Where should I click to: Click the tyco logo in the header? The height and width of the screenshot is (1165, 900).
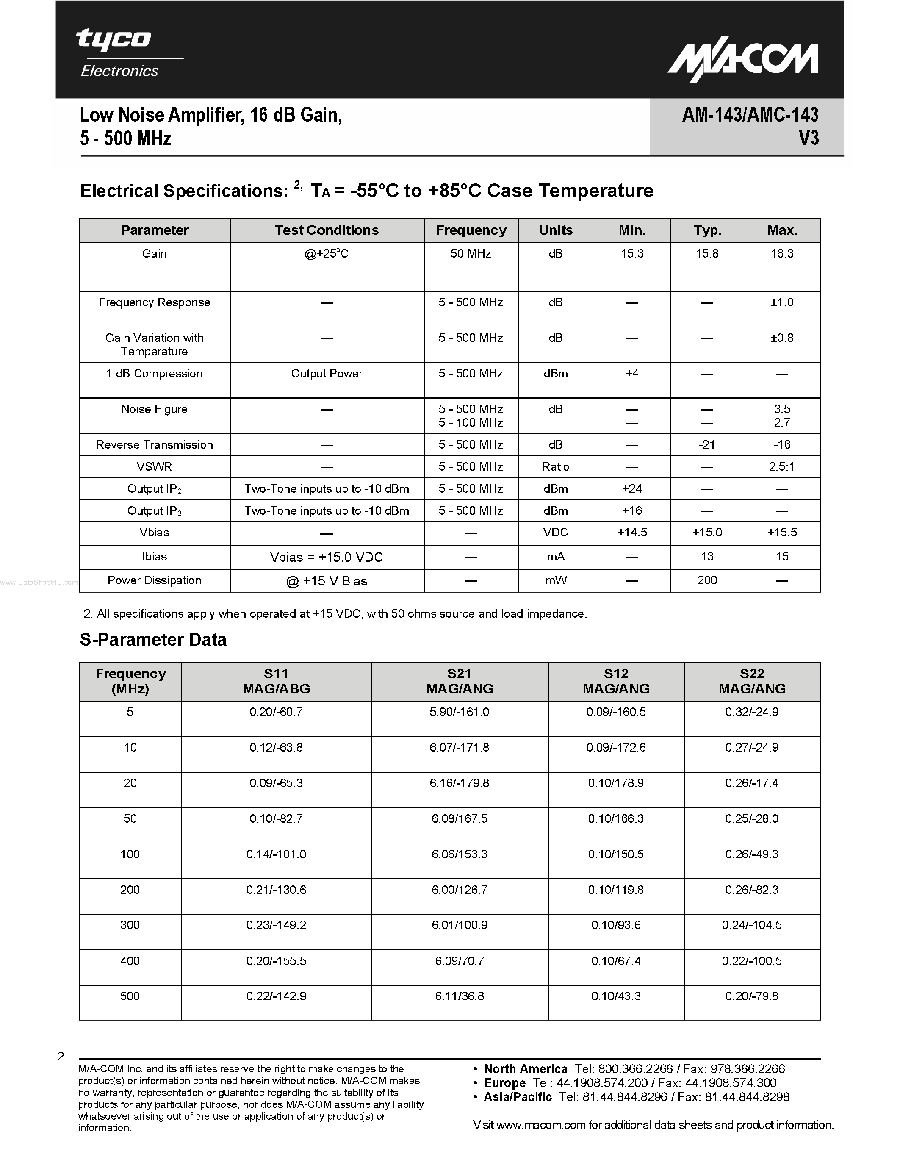pyautogui.click(x=114, y=40)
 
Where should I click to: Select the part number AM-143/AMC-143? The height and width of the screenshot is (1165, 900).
pyautogui.click(x=750, y=115)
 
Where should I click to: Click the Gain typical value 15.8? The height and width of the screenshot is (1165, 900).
pyautogui.click(x=707, y=254)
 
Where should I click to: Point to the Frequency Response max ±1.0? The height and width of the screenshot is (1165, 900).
pyautogui.click(x=782, y=302)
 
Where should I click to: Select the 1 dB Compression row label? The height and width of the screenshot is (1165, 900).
pyautogui.click(x=154, y=373)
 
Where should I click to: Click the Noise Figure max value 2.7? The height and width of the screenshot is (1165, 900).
pyautogui.click(x=782, y=422)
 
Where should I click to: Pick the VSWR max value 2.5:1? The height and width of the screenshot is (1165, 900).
pyautogui.click(x=782, y=467)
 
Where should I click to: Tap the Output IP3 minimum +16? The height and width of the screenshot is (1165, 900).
pyautogui.click(x=632, y=510)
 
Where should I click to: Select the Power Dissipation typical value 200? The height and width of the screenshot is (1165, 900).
pyautogui.click(x=707, y=580)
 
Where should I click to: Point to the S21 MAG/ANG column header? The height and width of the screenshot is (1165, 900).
pyautogui.click(x=460, y=681)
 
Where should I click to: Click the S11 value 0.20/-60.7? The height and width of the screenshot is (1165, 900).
pyautogui.click(x=276, y=712)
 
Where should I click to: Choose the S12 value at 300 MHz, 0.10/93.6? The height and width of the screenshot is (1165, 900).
pyautogui.click(x=616, y=925)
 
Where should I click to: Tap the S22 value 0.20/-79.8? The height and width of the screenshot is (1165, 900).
pyautogui.click(x=751, y=996)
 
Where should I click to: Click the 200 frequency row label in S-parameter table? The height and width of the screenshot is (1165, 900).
pyautogui.click(x=130, y=890)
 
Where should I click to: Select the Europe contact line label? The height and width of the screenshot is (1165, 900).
pyautogui.click(x=504, y=1083)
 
